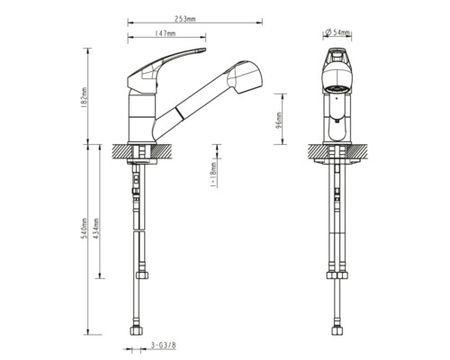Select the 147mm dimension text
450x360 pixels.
point(164,33)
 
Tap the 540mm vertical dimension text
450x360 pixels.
point(84,236)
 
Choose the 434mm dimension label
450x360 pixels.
point(98,236)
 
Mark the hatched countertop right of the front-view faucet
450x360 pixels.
point(361,152)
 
